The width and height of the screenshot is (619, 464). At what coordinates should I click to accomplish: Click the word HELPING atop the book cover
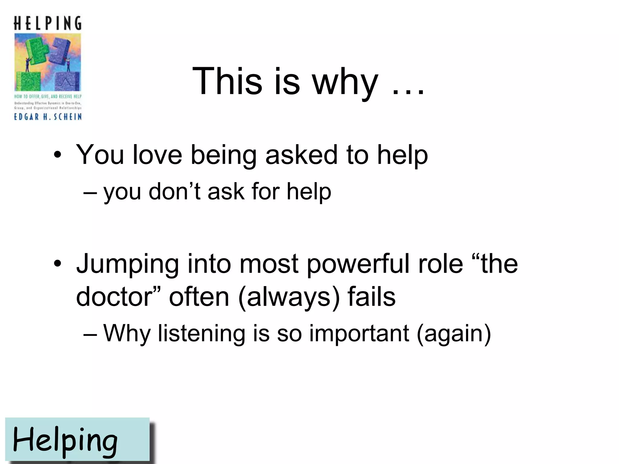47,23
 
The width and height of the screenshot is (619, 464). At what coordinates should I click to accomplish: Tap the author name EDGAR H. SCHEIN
48,117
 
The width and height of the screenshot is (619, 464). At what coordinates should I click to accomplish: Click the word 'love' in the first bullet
157,155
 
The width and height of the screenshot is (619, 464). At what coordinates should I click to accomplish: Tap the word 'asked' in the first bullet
301,155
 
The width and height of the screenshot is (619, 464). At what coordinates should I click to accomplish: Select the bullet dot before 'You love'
57,155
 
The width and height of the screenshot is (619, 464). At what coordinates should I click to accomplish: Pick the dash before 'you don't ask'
90,193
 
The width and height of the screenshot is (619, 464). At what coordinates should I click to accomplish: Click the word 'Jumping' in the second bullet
127,264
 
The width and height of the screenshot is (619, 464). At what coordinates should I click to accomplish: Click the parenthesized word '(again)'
453,333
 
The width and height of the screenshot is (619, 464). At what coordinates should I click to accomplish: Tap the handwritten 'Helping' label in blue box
65,440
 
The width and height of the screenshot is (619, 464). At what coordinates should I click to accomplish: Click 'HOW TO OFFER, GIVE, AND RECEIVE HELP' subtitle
48,96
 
